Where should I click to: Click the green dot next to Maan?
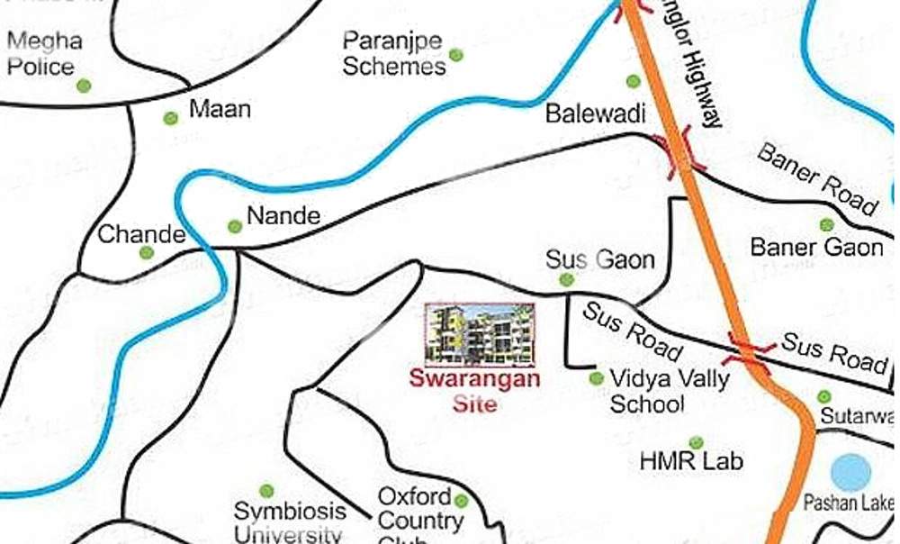pos(170,118)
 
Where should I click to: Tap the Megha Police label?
pos(44,54)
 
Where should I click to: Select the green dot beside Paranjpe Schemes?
pos(456,55)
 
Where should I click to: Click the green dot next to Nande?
pos(235,226)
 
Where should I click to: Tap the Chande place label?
pos(141,234)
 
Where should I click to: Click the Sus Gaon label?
pos(600,260)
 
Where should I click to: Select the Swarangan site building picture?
pos(480,333)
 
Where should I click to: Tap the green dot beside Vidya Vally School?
pos(596,378)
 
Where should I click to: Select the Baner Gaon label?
pos(817,247)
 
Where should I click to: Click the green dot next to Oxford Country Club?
pos(462,501)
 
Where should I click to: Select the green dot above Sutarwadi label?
pos(824,396)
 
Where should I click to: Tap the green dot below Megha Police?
pos(84,86)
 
